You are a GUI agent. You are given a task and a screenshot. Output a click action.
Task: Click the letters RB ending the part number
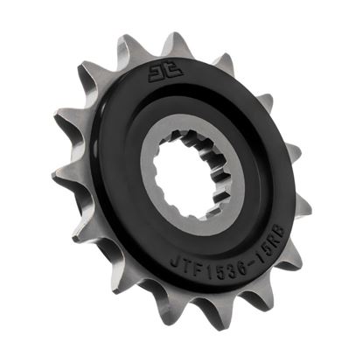272,242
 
